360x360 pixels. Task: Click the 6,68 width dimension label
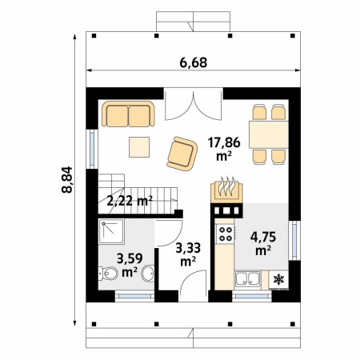coord(194,62)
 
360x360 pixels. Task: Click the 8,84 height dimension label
coord(66,179)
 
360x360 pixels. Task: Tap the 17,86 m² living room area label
coord(224,149)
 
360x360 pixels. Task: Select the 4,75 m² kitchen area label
coord(263,243)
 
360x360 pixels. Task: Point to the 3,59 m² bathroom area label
coord(130,265)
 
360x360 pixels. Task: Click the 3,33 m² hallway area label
coord(188,254)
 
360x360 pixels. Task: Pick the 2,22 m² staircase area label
coord(130,201)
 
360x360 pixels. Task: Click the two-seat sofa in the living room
coord(128,114)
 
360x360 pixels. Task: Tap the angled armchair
coord(182,154)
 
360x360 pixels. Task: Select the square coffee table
coord(139,147)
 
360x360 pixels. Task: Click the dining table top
coord(269,134)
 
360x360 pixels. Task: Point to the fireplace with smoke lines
coord(226,190)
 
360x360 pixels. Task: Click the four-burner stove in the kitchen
coord(225,234)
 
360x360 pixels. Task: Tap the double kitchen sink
coord(247,278)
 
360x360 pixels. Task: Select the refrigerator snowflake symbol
coord(279,279)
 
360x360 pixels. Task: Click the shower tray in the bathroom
coord(111,231)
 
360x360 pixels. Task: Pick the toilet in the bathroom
coord(108,273)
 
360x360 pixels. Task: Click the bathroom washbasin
coord(148,273)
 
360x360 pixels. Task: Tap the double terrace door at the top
coord(194,104)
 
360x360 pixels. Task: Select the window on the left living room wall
coord(92,149)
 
